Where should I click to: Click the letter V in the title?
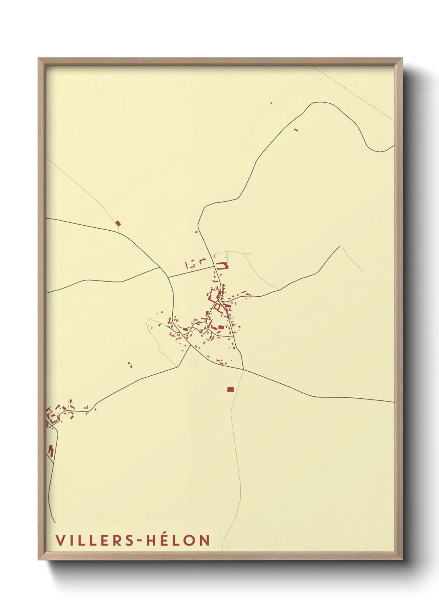(60, 540)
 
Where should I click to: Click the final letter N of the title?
(204, 540)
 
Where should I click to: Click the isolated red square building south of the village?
(230, 389)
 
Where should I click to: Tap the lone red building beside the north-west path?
(118, 223)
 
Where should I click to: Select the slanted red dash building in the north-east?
(296, 130)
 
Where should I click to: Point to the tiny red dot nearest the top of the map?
(271, 102)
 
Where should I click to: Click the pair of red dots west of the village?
(130, 365)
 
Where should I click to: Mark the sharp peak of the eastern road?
(340, 247)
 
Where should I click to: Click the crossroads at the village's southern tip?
(242, 369)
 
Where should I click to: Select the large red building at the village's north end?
(222, 266)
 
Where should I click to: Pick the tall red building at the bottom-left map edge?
(51, 451)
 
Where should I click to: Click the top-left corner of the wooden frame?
(39, 58)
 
